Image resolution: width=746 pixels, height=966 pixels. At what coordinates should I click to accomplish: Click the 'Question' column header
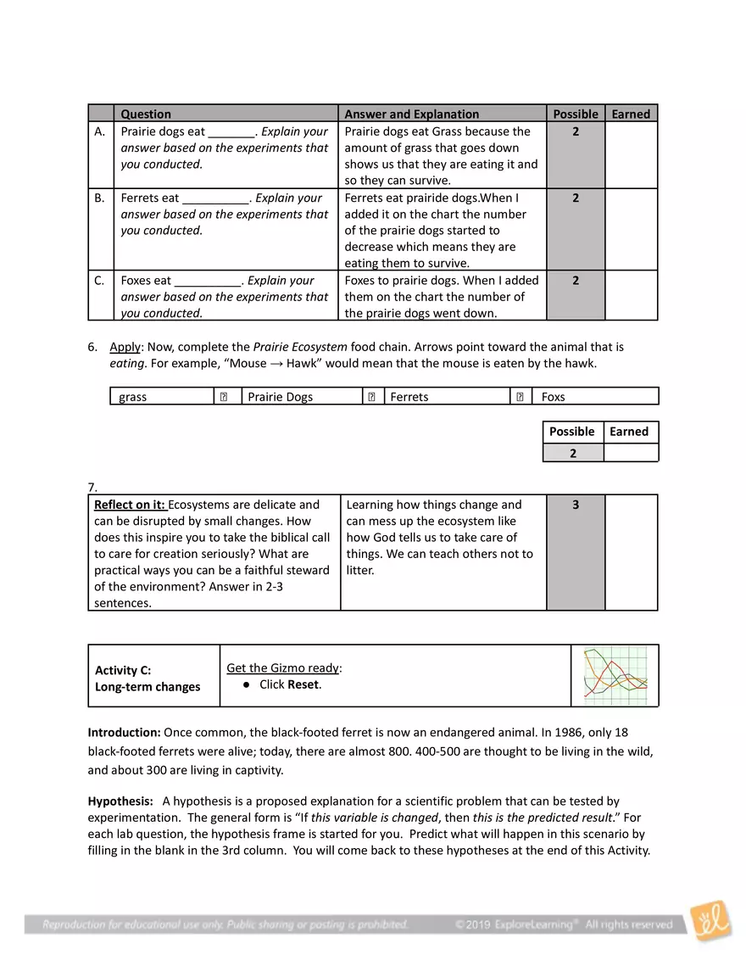(x=146, y=114)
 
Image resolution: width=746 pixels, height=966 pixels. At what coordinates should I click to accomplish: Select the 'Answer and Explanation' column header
(x=411, y=114)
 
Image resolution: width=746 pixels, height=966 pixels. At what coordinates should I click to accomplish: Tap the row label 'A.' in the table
(x=100, y=131)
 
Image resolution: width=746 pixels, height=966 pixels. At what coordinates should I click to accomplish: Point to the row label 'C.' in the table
(x=100, y=281)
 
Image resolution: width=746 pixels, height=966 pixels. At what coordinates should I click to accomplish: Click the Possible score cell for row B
(x=576, y=198)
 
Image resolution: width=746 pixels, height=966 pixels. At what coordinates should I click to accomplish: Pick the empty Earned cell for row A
(x=632, y=155)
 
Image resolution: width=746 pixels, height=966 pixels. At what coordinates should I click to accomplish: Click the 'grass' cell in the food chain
(x=133, y=397)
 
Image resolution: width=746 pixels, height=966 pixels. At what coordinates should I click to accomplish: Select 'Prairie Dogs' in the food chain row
(x=280, y=397)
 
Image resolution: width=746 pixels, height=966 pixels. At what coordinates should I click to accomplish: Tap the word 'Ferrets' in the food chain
(x=409, y=397)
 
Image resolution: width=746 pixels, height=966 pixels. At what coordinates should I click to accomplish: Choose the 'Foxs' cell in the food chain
(x=553, y=397)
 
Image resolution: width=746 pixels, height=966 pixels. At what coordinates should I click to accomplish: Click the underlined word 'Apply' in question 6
(x=125, y=347)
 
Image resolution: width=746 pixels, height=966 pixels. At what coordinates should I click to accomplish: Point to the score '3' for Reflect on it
(x=576, y=505)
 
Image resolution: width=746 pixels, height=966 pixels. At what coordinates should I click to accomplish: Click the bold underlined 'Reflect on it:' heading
(x=130, y=505)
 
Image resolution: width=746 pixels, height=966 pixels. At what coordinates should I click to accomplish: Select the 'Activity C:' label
(x=123, y=670)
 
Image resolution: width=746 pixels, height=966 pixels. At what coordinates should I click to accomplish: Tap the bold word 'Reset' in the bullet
(x=303, y=684)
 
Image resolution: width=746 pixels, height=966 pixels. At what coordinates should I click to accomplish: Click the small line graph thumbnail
(x=615, y=676)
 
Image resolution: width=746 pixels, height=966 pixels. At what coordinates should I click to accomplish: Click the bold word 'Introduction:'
(x=124, y=732)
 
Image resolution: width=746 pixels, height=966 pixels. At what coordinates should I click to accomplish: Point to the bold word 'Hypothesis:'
(x=120, y=801)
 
